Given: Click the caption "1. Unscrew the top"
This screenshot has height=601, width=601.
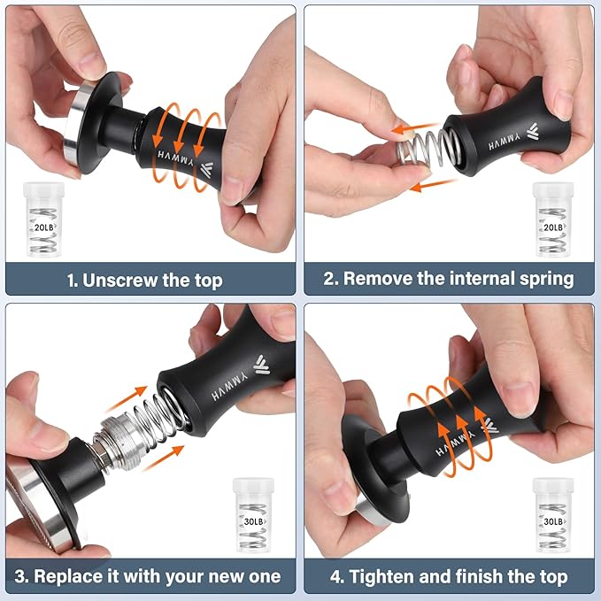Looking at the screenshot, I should [145, 281].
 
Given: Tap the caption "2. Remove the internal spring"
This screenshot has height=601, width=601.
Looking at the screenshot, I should [448, 279].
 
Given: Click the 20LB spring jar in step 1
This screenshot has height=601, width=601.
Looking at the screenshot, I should [43, 220].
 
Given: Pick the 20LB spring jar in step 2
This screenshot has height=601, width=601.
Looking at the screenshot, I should [553, 220].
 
